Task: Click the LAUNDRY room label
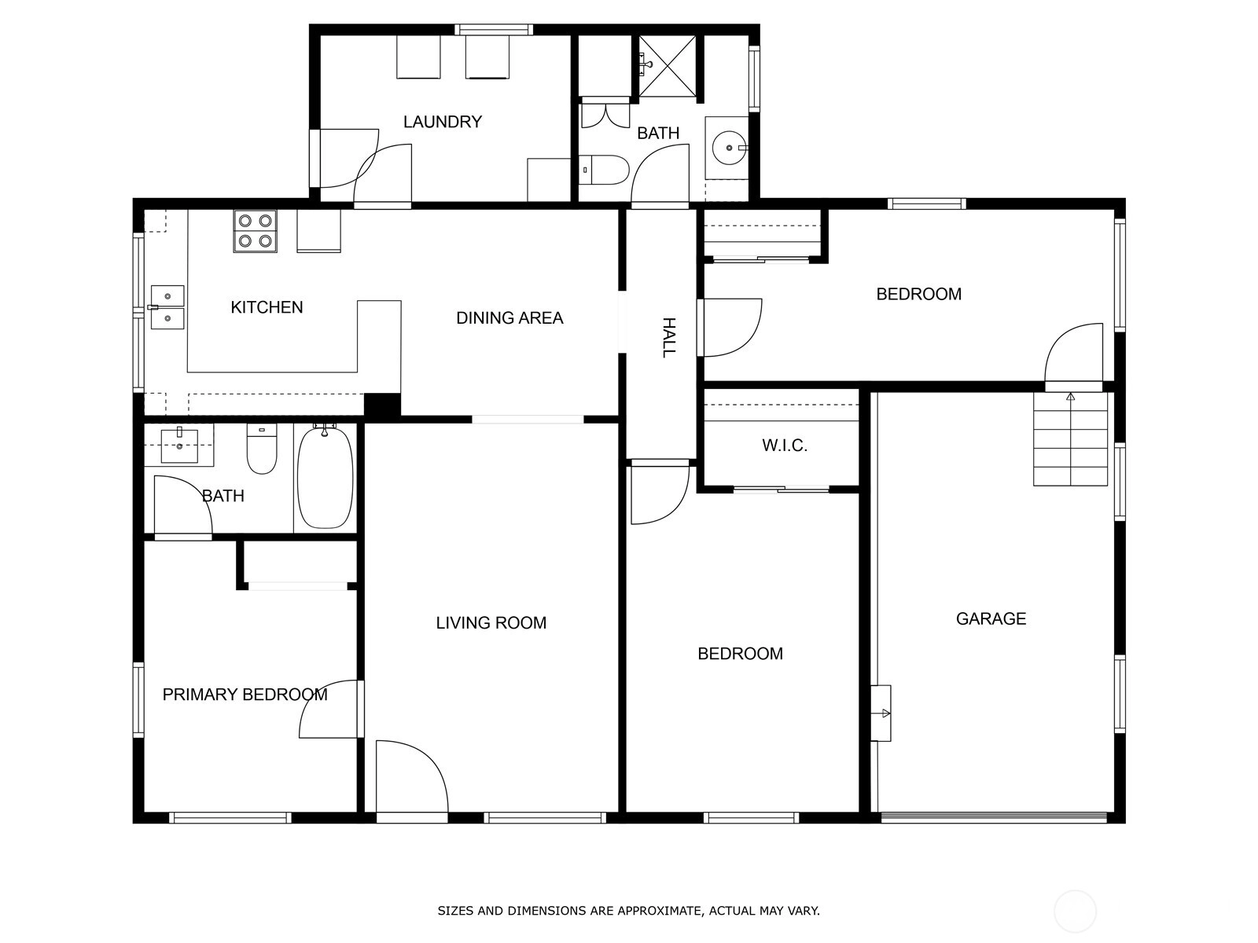click(442, 122)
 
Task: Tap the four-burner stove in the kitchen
click(255, 231)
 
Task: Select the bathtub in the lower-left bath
click(325, 477)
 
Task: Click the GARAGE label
click(991, 618)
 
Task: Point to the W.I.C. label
click(785, 446)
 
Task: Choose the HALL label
click(669, 338)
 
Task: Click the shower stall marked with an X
click(667, 65)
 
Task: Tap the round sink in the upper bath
click(729, 148)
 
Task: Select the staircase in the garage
click(1070, 439)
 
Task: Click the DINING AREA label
click(509, 317)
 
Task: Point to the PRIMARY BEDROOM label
click(245, 695)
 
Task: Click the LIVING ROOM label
click(491, 622)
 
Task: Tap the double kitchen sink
click(167, 307)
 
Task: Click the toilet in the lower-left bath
click(262, 448)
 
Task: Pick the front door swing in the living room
click(412, 777)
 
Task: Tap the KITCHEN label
click(267, 307)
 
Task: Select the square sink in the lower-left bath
click(179, 446)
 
